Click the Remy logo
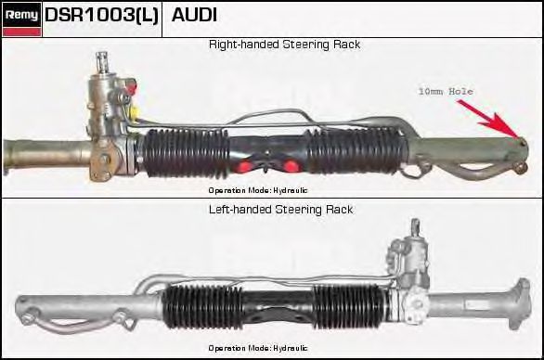coord(21,19)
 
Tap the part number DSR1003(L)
coord(102,15)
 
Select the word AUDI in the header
coord(194,15)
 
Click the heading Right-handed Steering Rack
coord(284,45)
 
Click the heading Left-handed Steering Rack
coord(281,210)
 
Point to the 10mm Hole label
coord(446,92)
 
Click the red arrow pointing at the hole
coord(488,119)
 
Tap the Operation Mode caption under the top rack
coord(258,190)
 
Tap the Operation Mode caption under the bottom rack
coord(258,348)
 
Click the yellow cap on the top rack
coord(135,112)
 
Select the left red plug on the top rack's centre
coord(245,166)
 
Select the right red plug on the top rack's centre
coord(291,166)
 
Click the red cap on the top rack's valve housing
coord(132,86)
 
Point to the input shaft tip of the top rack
coord(102,55)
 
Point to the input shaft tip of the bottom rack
coord(415,222)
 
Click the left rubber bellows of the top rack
coord(186,153)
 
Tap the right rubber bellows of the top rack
coord(356,150)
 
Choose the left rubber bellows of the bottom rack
coord(202,307)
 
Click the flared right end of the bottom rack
coord(520,303)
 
